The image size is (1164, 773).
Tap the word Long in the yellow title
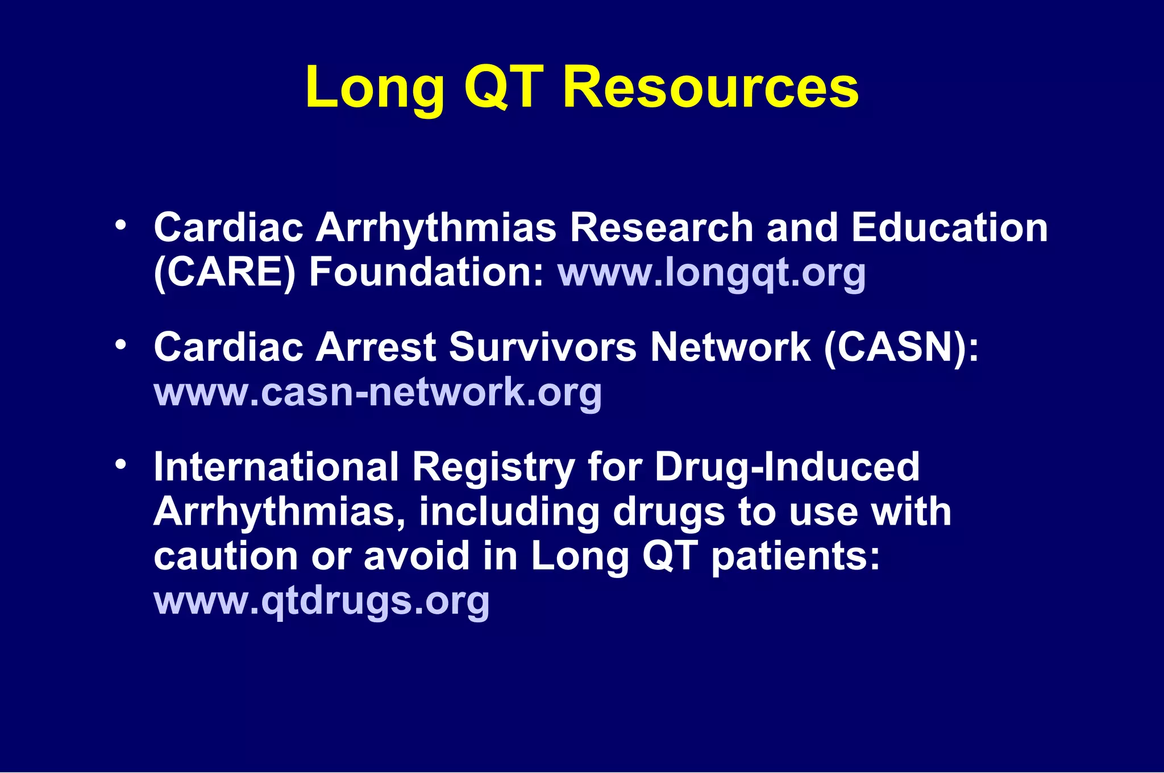375,88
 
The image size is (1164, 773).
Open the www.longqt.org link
712,273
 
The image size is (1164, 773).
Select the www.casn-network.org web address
378,392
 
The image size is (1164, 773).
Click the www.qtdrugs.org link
322,600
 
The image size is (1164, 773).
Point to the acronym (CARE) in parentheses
225,273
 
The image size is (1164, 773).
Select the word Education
949,227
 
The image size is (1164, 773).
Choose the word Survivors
543,347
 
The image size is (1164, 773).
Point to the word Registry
493,468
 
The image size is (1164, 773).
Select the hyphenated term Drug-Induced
787,467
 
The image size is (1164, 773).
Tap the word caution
226,556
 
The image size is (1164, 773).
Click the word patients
795,556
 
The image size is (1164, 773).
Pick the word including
509,512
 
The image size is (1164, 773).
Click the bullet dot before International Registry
120,464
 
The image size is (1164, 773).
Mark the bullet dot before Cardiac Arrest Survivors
120,345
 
